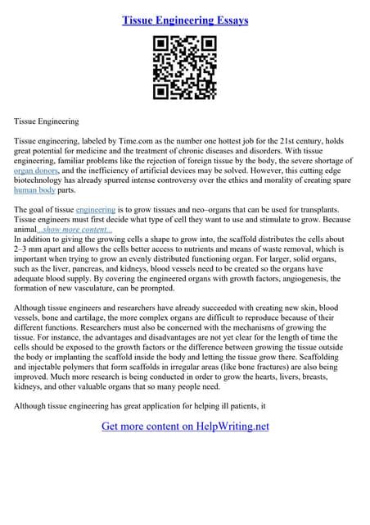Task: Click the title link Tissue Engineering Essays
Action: tap(185, 19)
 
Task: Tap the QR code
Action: tap(185, 69)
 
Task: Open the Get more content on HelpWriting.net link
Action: tap(185, 426)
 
